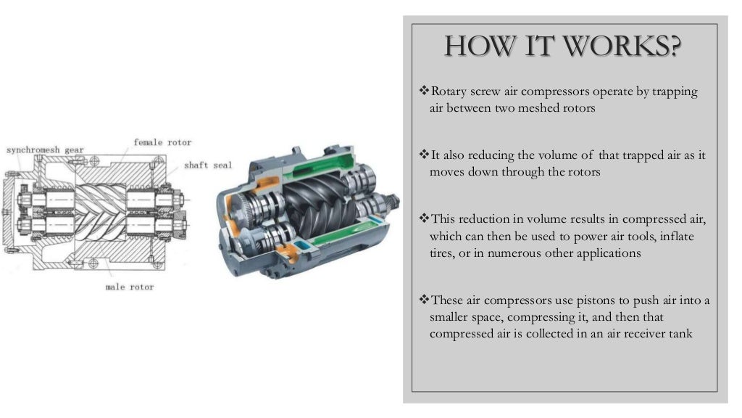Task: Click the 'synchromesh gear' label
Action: click(x=45, y=150)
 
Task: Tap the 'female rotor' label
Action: click(x=162, y=142)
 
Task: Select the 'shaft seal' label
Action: click(x=208, y=165)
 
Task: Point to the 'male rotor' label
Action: click(x=130, y=287)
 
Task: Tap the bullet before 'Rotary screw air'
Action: click(x=424, y=90)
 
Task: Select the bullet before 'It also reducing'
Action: click(x=424, y=154)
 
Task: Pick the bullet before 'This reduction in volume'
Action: click(x=424, y=218)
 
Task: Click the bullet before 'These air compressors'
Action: click(x=424, y=299)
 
